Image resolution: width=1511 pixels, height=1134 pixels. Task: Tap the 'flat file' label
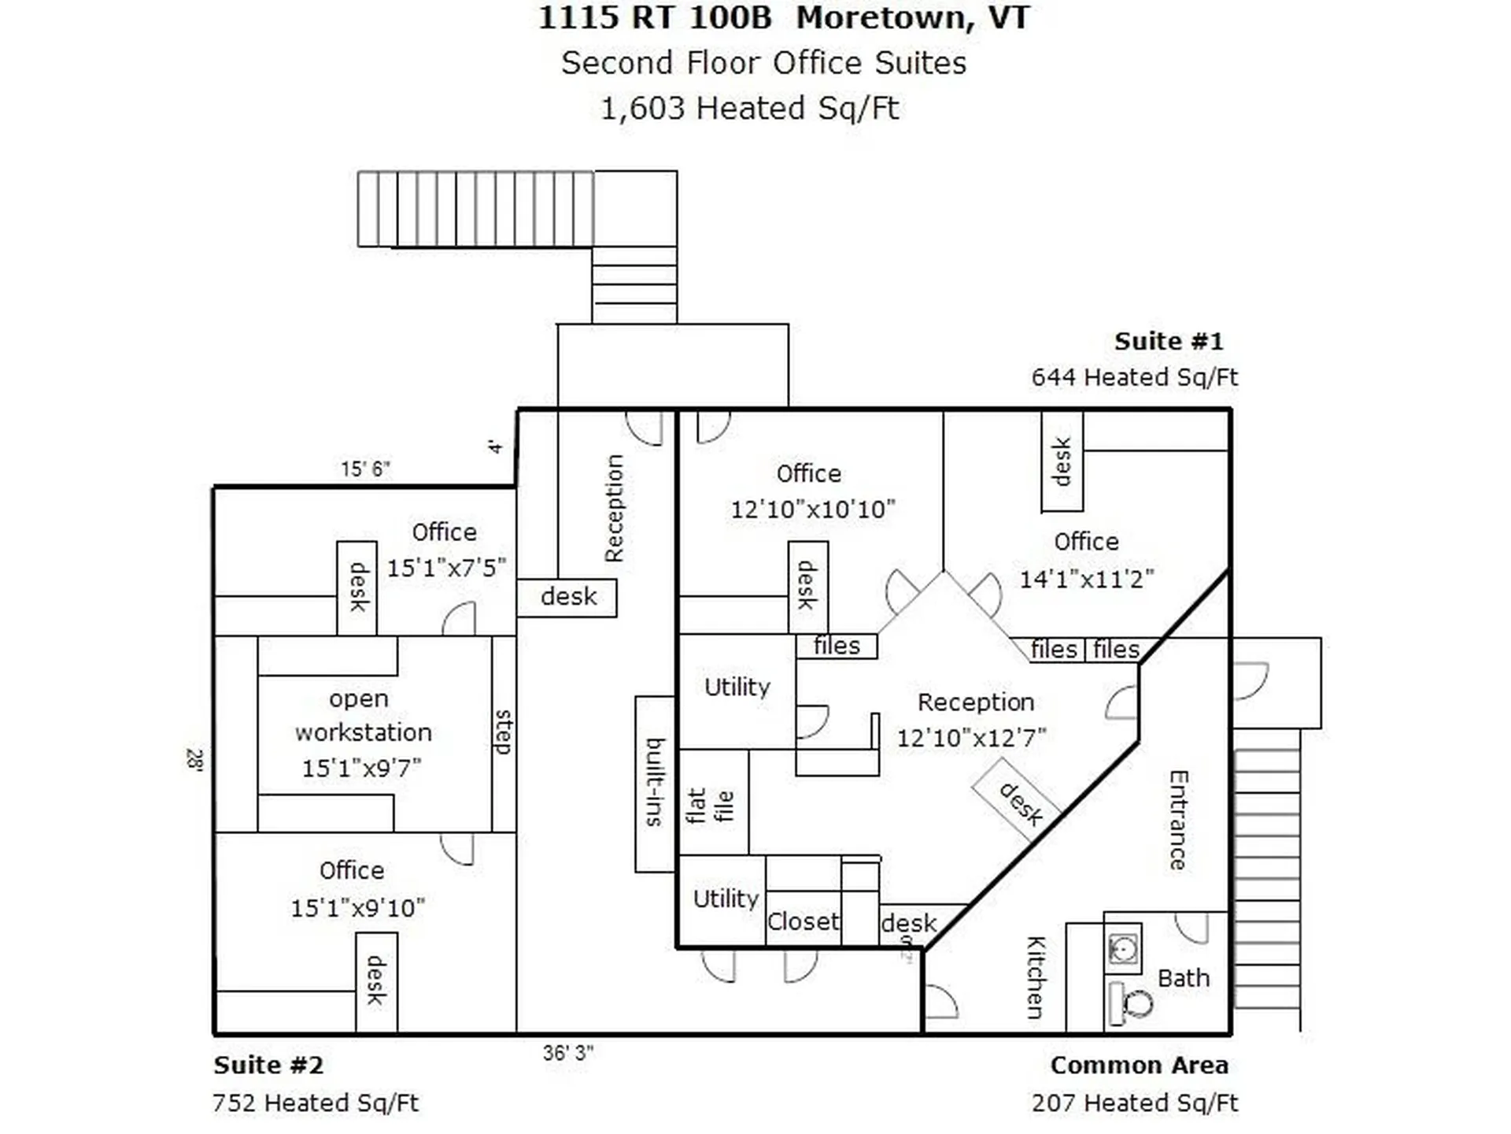710,806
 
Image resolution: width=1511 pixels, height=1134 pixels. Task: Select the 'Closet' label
803,921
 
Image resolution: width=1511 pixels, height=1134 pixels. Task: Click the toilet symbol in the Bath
1130,1003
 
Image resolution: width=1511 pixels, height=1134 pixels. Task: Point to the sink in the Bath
1123,949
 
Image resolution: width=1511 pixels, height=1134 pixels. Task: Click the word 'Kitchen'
1036,977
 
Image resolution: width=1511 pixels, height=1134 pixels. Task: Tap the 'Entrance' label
1177,820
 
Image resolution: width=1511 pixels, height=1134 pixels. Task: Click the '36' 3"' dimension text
567,1053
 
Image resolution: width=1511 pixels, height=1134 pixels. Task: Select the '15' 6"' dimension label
365,469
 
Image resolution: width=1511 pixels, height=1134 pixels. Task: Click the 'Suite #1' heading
1169,341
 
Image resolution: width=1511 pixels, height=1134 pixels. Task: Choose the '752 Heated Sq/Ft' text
315,1102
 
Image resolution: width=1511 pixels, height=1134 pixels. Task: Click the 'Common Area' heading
1139,1065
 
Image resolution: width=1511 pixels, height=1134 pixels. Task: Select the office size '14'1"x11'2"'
1086,580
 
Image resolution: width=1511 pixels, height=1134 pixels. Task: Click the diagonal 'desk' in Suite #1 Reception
1021,803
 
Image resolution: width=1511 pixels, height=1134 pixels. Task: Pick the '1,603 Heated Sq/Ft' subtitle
749,108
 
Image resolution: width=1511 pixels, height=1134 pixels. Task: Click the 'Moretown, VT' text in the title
913,17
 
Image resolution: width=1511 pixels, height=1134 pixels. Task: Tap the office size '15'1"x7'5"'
446,568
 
